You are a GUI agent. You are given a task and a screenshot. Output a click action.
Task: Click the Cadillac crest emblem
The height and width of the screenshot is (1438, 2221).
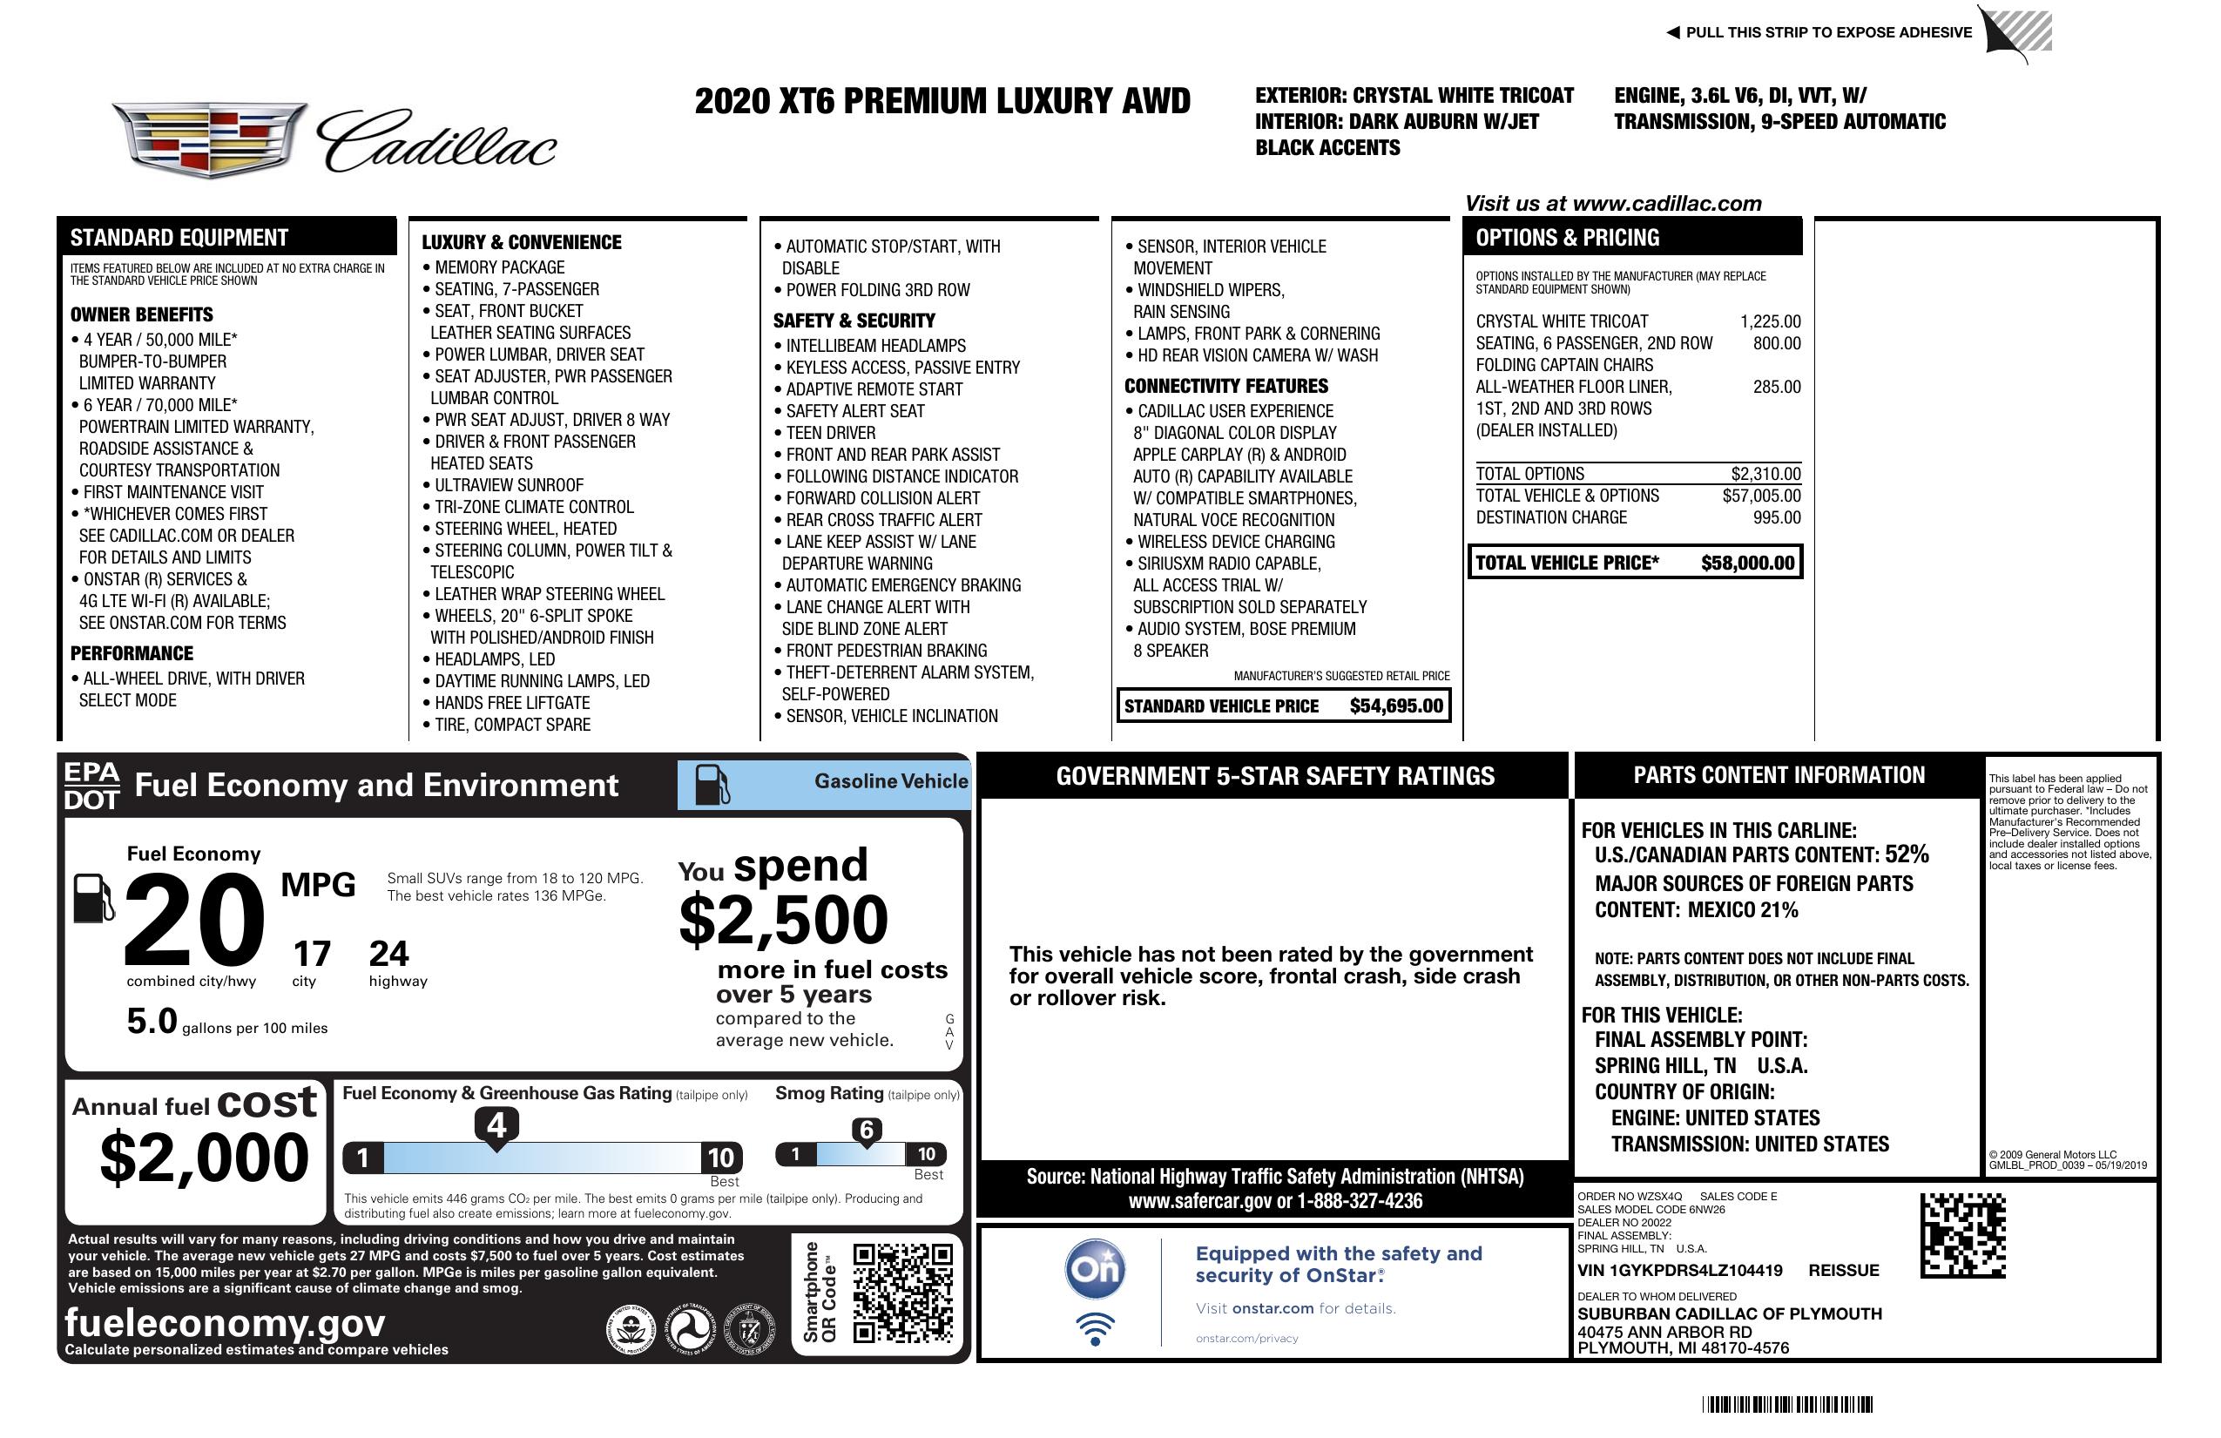click(209, 140)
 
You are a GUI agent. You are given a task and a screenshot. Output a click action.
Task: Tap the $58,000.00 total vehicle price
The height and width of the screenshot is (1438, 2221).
click(1747, 563)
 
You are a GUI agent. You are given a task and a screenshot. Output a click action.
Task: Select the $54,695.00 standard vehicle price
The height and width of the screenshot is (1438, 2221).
click(1396, 706)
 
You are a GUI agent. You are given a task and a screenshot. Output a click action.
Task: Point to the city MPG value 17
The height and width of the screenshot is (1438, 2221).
click(312, 954)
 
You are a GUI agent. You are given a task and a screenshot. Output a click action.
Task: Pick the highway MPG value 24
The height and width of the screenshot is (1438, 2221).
click(388, 954)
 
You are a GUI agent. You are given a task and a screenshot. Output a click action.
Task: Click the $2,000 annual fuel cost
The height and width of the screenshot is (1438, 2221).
click(205, 1158)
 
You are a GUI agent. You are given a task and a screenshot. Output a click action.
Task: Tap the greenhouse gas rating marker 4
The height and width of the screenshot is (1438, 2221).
click(496, 1125)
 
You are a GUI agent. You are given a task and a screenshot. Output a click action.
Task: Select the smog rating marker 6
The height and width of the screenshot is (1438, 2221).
click(866, 1130)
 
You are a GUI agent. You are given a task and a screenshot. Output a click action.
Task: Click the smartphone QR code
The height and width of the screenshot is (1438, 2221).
click(902, 1293)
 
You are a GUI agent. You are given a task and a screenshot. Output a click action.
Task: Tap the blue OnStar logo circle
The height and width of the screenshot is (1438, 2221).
click(1096, 1269)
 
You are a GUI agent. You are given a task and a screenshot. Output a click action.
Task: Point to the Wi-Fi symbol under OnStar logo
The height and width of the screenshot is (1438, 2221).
click(1095, 1329)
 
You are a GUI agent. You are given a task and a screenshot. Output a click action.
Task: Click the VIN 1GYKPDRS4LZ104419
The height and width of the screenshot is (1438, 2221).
click(1680, 1270)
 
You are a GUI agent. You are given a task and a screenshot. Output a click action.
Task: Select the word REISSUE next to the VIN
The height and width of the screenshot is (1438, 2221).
click(1844, 1270)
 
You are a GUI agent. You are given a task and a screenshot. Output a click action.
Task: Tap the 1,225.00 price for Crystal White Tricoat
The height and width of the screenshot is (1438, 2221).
click(1770, 322)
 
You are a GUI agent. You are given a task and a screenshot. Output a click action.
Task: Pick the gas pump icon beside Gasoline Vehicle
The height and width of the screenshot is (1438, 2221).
click(713, 785)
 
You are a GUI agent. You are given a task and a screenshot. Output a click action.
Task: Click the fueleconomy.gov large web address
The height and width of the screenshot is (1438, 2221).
click(225, 1323)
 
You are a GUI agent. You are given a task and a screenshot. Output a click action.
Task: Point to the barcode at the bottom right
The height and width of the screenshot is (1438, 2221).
click(1787, 1404)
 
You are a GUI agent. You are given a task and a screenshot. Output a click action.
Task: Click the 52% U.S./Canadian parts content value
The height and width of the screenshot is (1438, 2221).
click(1907, 854)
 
